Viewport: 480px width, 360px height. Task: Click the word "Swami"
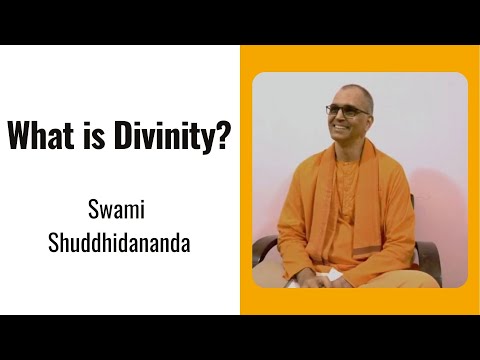tap(120, 212)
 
